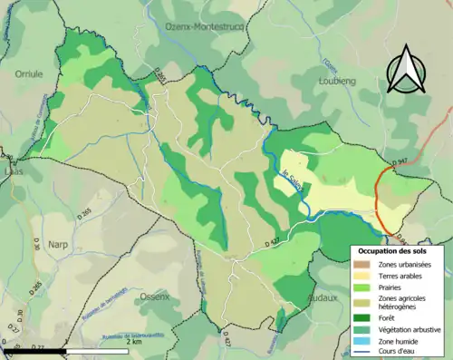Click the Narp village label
click(58, 244)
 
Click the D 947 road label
click(402, 162)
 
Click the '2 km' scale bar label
click(133, 343)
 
